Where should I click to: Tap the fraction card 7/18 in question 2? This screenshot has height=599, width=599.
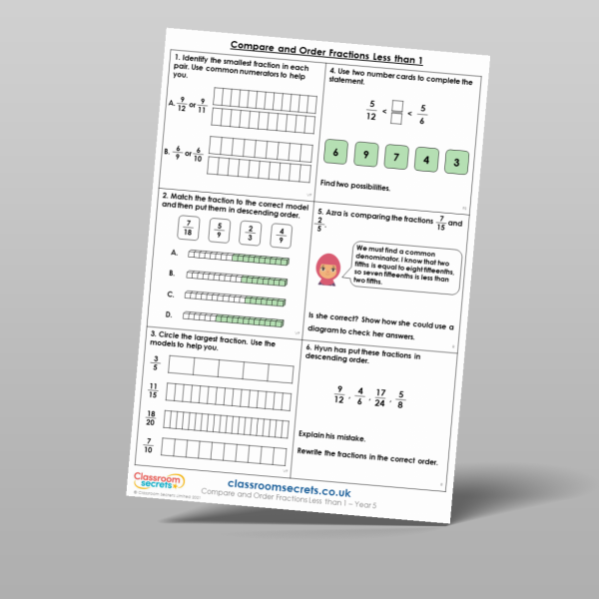pos(188,229)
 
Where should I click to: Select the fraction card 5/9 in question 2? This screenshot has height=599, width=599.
pos(221,231)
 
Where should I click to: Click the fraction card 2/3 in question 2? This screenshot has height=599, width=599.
pos(253,234)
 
